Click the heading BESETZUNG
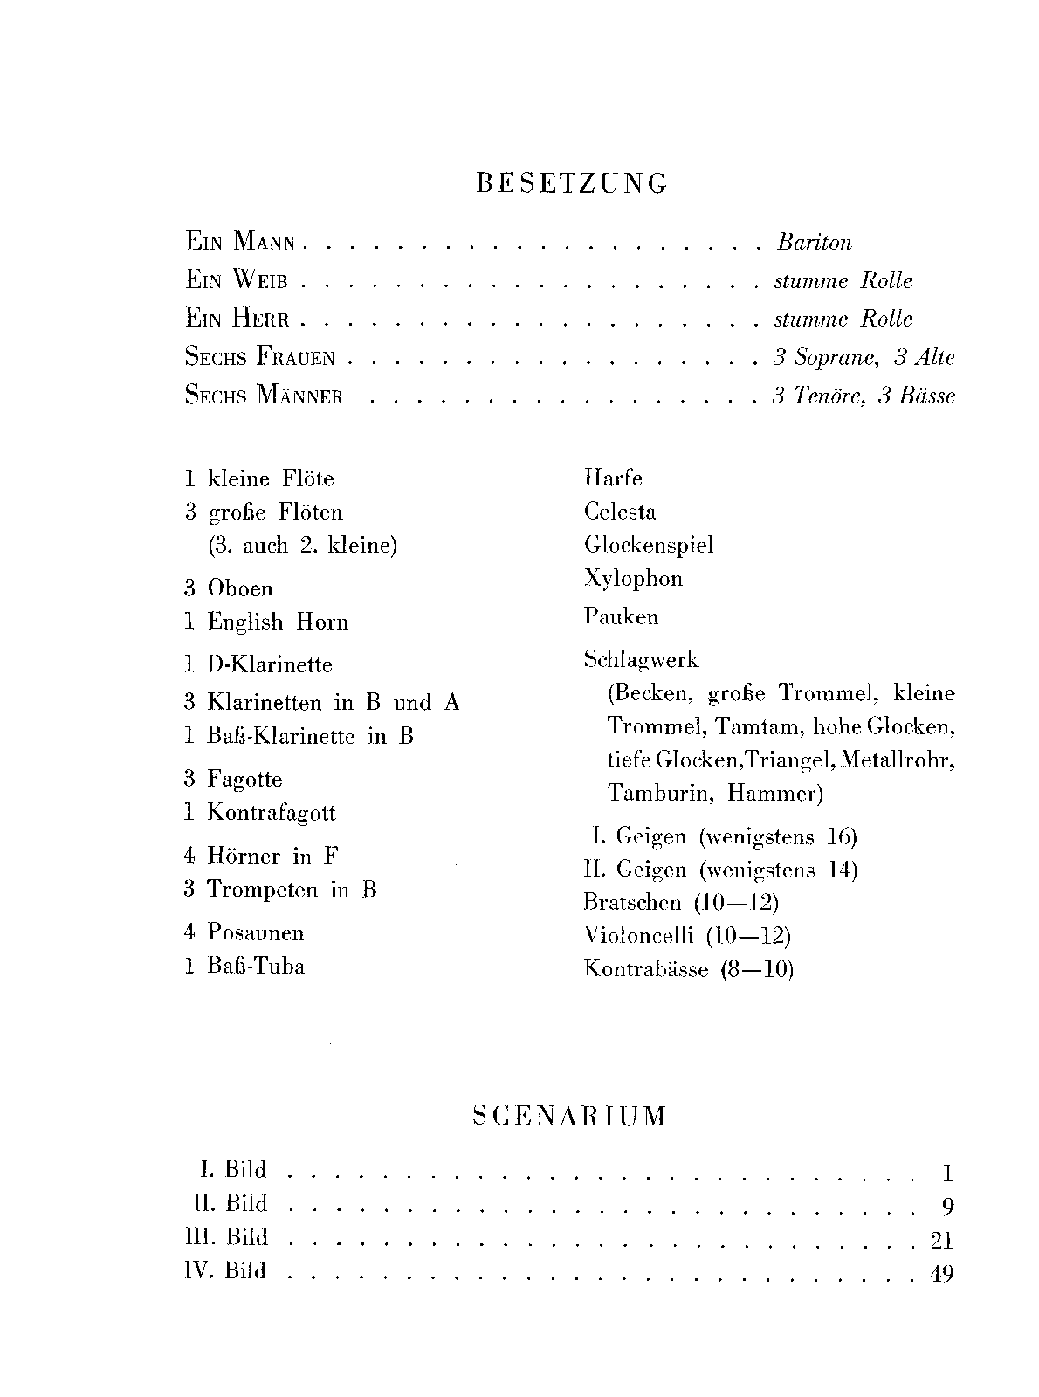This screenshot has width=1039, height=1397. pyautogui.click(x=572, y=183)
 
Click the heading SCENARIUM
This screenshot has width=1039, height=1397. pyautogui.click(x=569, y=1116)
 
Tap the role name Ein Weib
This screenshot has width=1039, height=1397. pyautogui.click(x=237, y=280)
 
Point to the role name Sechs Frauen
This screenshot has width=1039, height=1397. pyautogui.click(x=260, y=357)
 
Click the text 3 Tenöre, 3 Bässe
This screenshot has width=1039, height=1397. pyautogui.click(x=863, y=396)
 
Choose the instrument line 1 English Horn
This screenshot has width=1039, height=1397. pyautogui.click(x=266, y=622)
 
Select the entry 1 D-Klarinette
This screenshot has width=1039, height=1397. pyautogui.click(x=258, y=664)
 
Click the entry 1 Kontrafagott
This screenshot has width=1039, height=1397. pyautogui.click(x=259, y=813)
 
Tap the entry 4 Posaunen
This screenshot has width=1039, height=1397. pyautogui.click(x=244, y=932)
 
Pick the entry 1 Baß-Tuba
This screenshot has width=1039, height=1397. pyautogui.click(x=244, y=966)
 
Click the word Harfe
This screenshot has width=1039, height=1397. pyautogui.click(x=613, y=478)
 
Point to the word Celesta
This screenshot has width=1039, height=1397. pyautogui.click(x=620, y=512)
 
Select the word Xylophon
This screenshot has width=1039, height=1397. pyautogui.click(x=633, y=579)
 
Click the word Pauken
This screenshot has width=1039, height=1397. pyautogui.click(x=621, y=617)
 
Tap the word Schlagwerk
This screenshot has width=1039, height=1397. pyautogui.click(x=641, y=660)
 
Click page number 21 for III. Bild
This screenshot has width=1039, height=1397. pyautogui.click(x=941, y=1240)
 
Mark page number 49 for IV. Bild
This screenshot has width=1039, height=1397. pyautogui.click(x=941, y=1274)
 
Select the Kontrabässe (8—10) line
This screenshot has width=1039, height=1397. pyautogui.click(x=688, y=969)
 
